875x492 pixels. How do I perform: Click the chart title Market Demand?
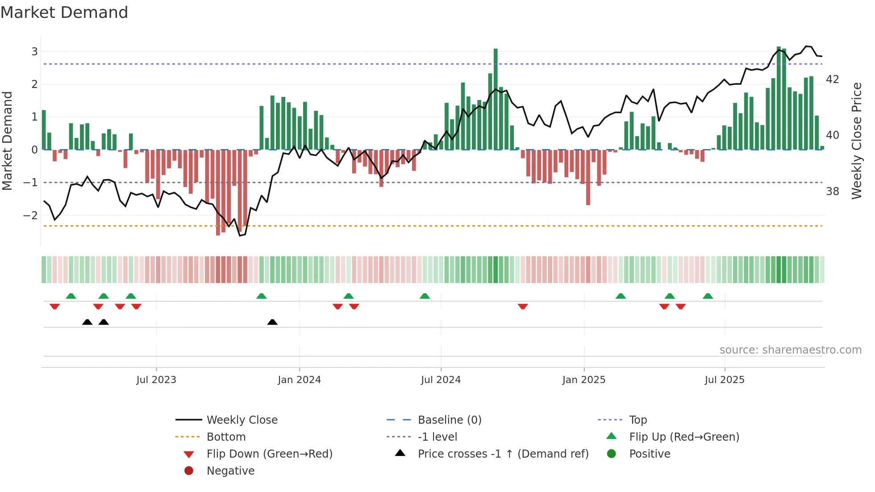click(x=64, y=13)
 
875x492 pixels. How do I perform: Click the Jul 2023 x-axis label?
click(x=156, y=380)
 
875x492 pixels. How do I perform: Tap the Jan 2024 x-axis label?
click(x=299, y=380)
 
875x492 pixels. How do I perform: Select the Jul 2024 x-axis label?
click(x=441, y=380)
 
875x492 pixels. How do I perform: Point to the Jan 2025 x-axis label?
click(x=583, y=380)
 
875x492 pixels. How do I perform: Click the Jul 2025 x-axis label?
click(x=725, y=380)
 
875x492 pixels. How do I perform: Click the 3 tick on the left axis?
click(x=34, y=52)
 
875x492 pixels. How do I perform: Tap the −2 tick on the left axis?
click(x=31, y=216)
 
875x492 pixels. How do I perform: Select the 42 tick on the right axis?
click(x=833, y=79)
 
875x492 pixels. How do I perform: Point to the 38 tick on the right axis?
click(x=833, y=192)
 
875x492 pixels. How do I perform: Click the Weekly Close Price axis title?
click(x=856, y=141)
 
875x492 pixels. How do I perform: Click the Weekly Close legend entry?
click(x=242, y=420)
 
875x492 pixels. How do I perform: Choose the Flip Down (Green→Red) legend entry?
click(x=269, y=454)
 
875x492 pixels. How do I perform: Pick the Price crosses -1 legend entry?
click(x=503, y=454)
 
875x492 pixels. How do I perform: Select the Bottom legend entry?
click(x=226, y=437)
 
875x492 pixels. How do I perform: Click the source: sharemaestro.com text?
click(x=790, y=350)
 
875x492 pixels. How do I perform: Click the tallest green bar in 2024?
click(x=496, y=98)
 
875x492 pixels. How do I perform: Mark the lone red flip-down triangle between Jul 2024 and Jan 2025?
click(x=523, y=306)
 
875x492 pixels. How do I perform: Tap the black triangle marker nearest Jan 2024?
click(x=272, y=322)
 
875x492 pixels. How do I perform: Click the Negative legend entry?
click(x=230, y=471)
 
